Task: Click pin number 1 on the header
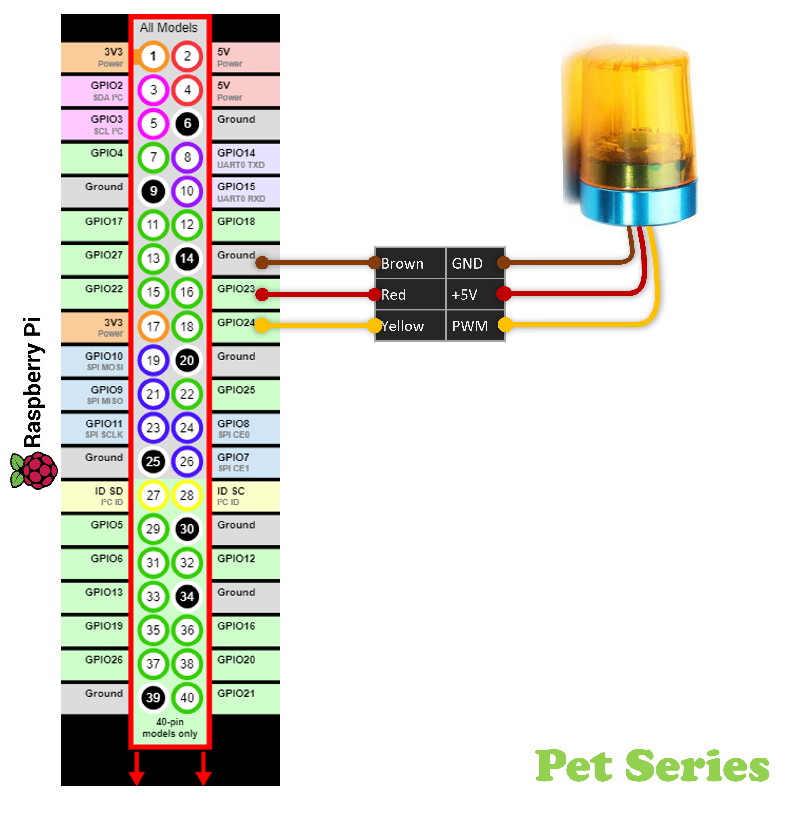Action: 153,56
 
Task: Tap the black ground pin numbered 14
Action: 187,258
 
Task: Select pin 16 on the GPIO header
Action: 187,292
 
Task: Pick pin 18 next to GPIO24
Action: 187,326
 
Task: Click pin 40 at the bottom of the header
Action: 187,697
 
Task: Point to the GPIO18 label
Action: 236,221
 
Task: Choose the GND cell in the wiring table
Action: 467,263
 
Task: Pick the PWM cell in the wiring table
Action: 470,326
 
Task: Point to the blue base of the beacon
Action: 638,203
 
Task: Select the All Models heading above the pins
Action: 169,28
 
